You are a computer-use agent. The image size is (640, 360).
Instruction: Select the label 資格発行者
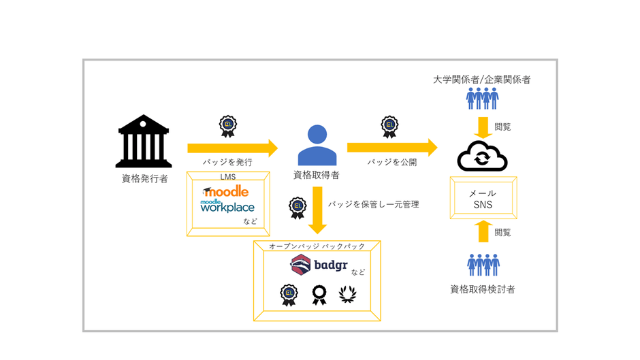point(144,179)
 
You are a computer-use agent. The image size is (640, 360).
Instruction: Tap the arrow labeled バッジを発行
point(232,148)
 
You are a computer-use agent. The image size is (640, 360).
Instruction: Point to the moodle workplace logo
point(227,206)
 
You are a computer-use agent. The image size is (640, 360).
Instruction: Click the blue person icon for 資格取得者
point(317,144)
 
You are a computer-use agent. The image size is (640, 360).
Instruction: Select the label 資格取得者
point(317,176)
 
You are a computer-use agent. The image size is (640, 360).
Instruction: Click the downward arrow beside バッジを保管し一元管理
point(317,211)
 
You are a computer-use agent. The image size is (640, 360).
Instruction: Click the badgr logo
point(320,264)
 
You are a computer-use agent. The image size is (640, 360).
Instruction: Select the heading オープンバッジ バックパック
point(317,246)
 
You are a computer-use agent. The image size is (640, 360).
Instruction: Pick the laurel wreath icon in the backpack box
point(347,295)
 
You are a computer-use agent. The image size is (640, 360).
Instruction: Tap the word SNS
point(483,204)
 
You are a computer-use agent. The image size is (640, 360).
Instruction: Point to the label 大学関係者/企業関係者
point(482,80)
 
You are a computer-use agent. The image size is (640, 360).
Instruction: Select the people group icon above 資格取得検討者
point(483,265)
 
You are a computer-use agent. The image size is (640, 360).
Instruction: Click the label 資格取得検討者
point(483,289)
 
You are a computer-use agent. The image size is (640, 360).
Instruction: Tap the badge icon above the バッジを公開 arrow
point(390,125)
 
